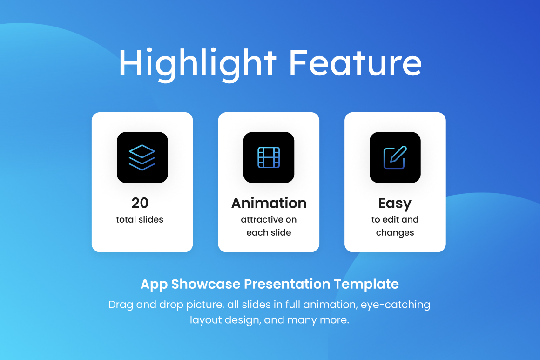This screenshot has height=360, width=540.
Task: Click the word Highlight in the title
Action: (198, 64)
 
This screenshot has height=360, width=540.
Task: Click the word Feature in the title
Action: (355, 62)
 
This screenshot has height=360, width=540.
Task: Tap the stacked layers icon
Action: (142, 157)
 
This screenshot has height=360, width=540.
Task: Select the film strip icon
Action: (269, 157)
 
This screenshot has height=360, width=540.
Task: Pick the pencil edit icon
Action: (395, 157)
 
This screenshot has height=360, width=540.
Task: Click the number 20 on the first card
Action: (140, 203)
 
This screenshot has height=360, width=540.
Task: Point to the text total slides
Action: (140, 219)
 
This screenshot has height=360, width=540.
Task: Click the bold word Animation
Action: (269, 203)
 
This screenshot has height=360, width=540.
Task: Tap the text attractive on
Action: (269, 219)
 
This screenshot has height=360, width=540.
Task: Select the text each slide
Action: (269, 232)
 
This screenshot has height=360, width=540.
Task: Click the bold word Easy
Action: (395, 204)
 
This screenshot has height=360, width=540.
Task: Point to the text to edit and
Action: (395, 219)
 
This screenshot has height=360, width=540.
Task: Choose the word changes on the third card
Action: (395, 233)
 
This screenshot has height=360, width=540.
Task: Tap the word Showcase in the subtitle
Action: (206, 284)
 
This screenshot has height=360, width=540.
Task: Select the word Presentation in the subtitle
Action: (287, 284)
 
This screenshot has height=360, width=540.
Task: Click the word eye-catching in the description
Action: (395, 305)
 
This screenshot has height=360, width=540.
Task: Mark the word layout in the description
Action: (206, 320)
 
